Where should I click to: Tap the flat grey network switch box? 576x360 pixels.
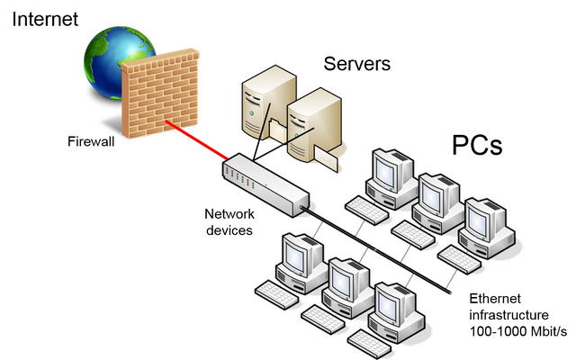(x=266, y=184)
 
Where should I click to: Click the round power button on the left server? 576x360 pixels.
(x=254, y=118)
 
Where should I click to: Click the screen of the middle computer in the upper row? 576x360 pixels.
(x=436, y=194)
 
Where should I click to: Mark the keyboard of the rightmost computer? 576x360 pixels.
(x=460, y=259)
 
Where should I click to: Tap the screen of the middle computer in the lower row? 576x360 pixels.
(x=342, y=280)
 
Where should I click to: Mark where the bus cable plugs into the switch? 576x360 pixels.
(x=306, y=208)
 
